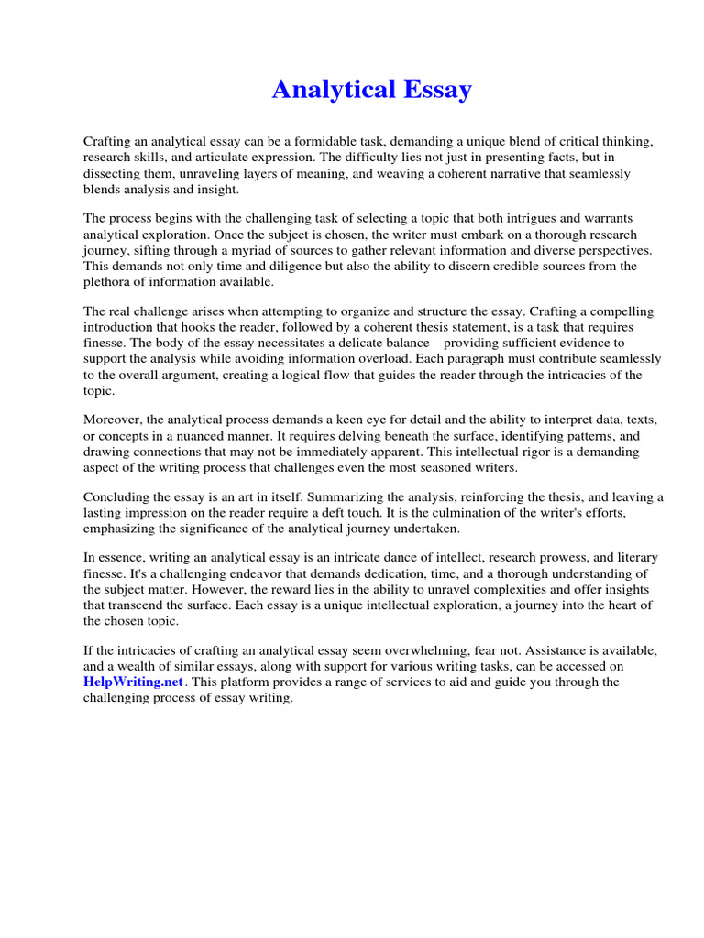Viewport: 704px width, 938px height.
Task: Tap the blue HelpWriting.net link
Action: [x=134, y=682]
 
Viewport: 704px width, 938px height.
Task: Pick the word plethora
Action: [x=110, y=281]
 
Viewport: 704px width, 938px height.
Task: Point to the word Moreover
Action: [x=115, y=420]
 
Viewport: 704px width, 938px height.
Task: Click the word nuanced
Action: [x=270, y=436]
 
